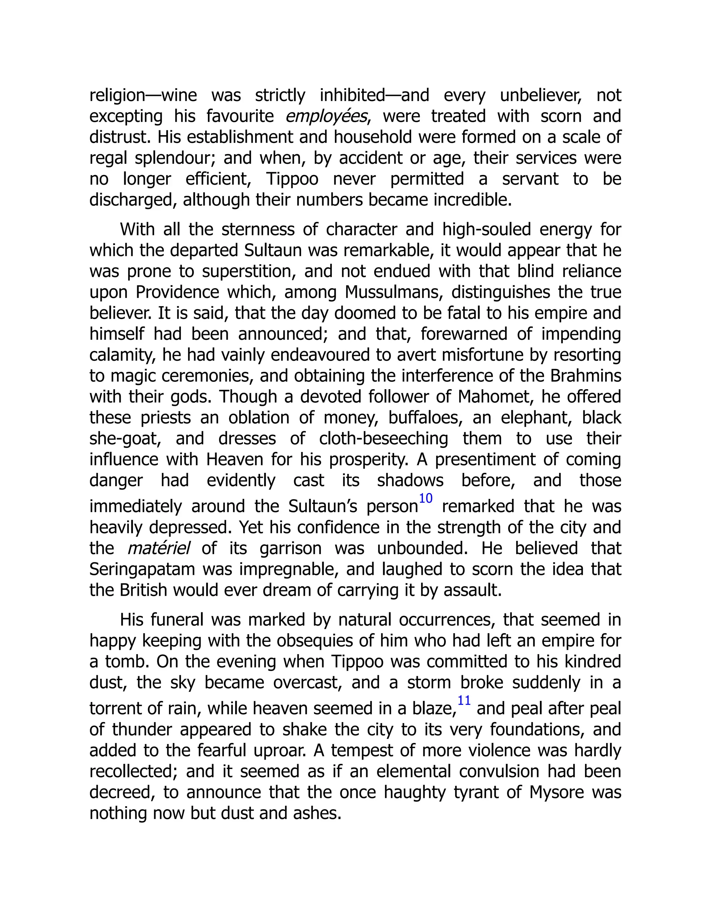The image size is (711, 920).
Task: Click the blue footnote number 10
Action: point(425,498)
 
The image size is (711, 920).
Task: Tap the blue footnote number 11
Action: point(464,701)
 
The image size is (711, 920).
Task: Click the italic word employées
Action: point(326,116)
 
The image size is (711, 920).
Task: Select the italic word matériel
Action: point(158,549)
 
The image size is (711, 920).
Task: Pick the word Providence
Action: point(177,292)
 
